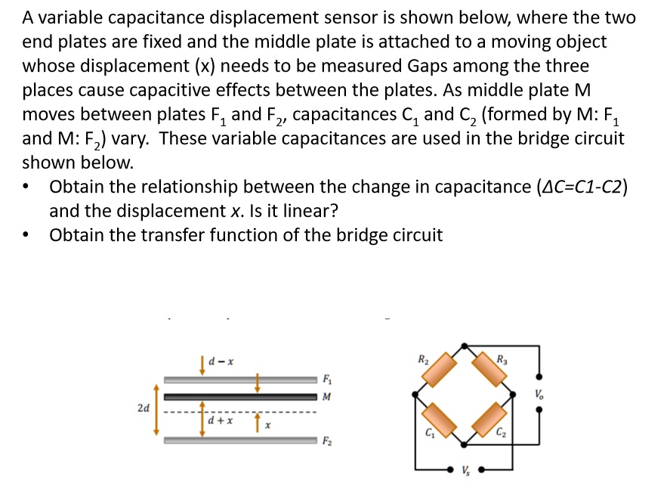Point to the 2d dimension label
(x=143, y=407)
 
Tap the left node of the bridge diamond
(x=415, y=394)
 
